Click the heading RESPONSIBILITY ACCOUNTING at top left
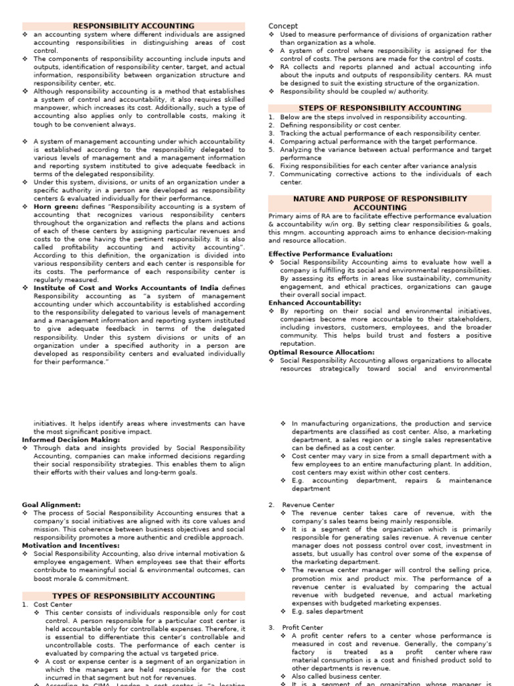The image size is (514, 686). point(133,26)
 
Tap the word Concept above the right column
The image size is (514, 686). point(283,26)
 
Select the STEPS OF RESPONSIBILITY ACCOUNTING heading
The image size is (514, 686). point(380,108)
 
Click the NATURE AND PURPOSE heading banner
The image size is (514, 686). point(380,203)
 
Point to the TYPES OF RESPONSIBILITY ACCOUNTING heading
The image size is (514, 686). point(133,596)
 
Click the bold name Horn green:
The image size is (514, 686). point(56,207)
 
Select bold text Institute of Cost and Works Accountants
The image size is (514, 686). point(126,287)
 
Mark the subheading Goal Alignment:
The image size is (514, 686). point(51,504)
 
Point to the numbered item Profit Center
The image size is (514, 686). point(303,628)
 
